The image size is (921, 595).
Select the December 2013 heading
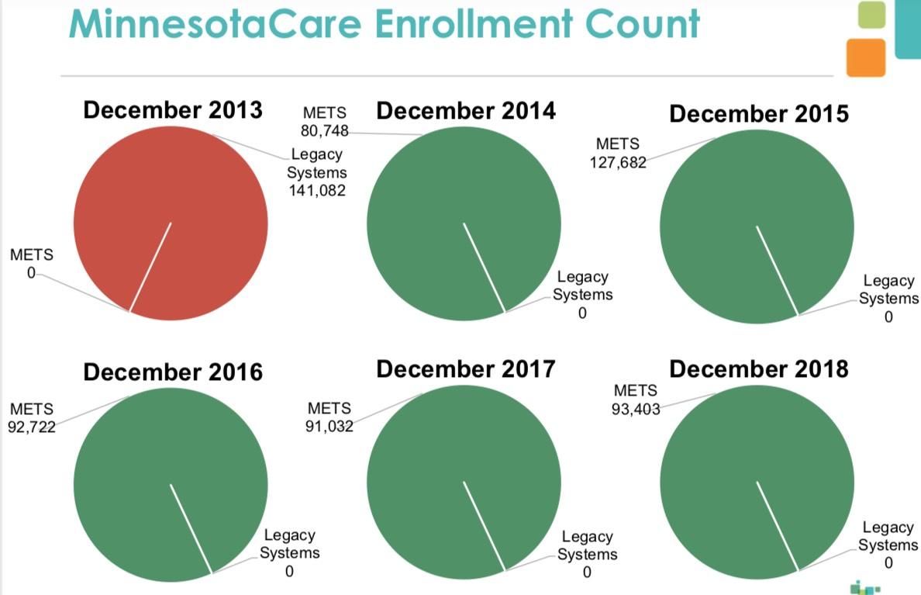(x=173, y=109)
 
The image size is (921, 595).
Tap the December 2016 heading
(x=173, y=372)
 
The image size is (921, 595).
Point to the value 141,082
(x=317, y=189)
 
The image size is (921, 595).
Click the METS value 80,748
(x=325, y=130)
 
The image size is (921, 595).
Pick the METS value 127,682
(x=616, y=162)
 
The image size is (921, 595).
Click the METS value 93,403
(x=635, y=409)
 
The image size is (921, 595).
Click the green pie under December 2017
(x=464, y=483)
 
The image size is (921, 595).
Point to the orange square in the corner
(x=865, y=57)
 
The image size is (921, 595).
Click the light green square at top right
(x=871, y=16)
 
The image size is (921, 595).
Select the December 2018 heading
(x=759, y=368)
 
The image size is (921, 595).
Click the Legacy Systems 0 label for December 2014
(x=582, y=295)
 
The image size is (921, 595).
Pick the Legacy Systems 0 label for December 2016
(x=289, y=553)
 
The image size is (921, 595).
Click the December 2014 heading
(x=466, y=110)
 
